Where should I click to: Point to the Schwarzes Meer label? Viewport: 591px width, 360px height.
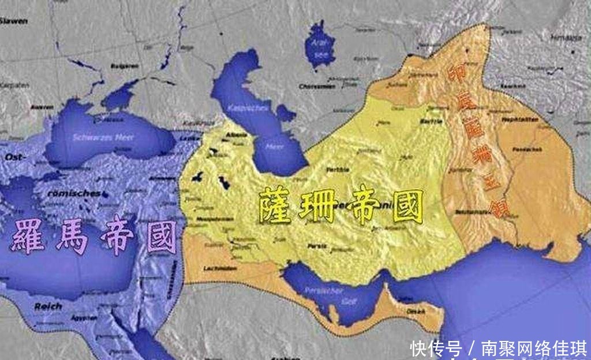tap(99, 137)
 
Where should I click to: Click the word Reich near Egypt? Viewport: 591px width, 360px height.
tap(48, 306)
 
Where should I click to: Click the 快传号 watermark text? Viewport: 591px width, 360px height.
tap(436, 348)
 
